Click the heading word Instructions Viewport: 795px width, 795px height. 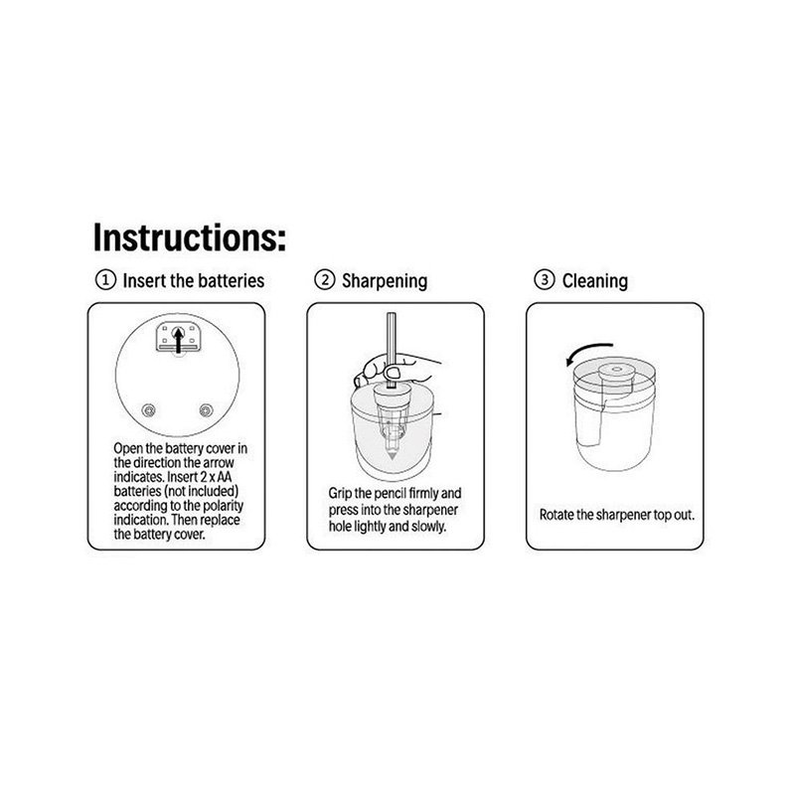[189, 238]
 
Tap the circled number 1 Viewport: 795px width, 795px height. [105, 280]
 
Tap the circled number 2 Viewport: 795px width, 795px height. [325, 280]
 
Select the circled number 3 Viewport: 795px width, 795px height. [545, 280]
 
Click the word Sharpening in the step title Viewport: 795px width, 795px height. [385, 281]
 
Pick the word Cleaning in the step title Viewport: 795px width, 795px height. [594, 280]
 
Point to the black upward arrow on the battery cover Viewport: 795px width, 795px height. [178, 339]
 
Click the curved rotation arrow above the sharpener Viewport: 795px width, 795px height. [588, 351]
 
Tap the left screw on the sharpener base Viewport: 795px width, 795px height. [148, 409]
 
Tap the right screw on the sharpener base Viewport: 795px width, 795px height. [206, 409]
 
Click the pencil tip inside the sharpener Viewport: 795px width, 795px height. [391, 454]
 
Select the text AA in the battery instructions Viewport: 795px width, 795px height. [224, 477]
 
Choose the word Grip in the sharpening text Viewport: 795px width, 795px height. [340, 494]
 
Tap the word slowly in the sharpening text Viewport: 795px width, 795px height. [428, 527]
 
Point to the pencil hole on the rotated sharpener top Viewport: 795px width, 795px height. [616, 370]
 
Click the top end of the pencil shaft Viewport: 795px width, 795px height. [391, 314]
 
